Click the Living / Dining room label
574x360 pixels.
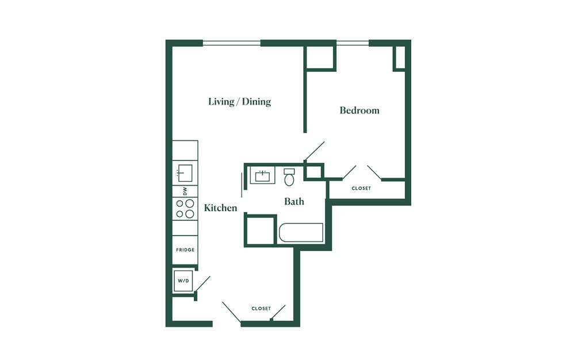(239, 102)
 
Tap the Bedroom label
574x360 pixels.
(359, 110)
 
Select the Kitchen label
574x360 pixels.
(220, 208)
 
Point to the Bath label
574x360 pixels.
(294, 201)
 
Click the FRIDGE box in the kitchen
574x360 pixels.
(185, 250)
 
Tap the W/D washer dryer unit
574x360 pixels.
(183, 281)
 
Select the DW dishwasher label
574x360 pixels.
(185, 191)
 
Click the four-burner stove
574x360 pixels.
(185, 209)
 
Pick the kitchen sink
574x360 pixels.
(185, 173)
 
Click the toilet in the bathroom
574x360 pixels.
(289, 178)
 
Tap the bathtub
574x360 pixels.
(301, 233)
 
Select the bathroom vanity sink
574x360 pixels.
(262, 175)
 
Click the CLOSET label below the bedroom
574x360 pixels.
(361, 189)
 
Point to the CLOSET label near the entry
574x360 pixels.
(261, 308)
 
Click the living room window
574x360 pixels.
(232, 43)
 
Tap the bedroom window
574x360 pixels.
(353, 43)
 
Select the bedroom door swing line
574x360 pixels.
(314, 151)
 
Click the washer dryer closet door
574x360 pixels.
(203, 284)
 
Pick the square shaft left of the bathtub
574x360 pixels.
(261, 231)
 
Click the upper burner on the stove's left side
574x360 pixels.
(180, 204)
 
